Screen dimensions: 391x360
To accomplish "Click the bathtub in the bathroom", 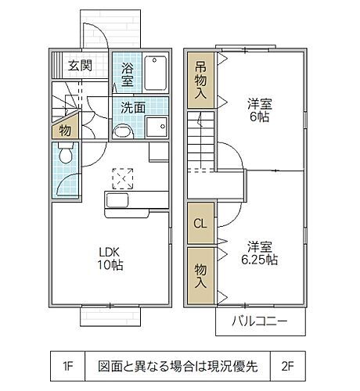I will click(x=156, y=73).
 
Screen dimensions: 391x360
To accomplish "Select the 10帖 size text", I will click(x=110, y=266).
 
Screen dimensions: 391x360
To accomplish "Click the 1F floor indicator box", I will click(x=67, y=365).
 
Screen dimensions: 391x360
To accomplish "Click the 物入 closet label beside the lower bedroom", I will click(x=200, y=273).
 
